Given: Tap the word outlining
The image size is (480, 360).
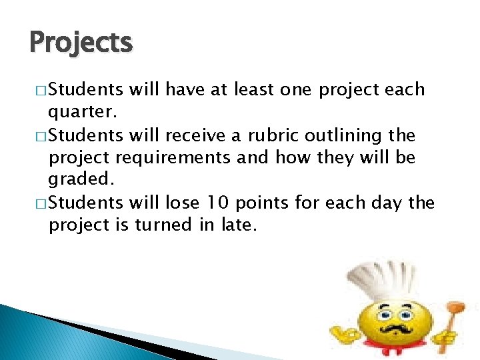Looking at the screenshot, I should click(x=346, y=136).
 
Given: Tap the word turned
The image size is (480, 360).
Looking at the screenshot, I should click(x=165, y=225).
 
